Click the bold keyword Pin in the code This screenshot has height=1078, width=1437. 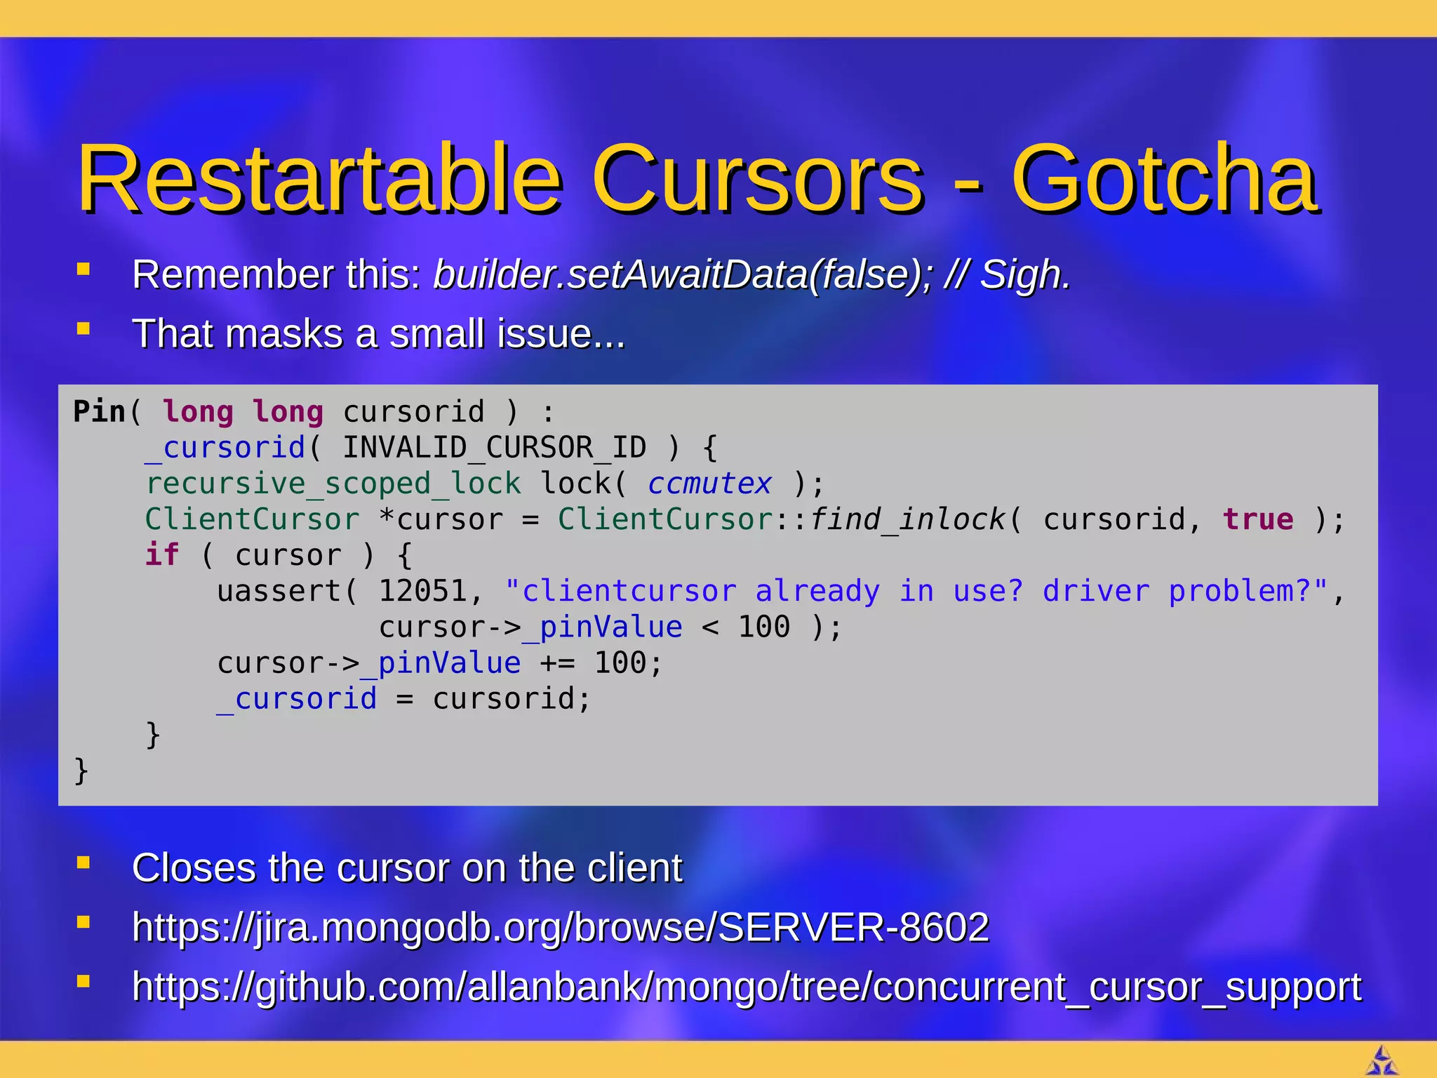(99, 411)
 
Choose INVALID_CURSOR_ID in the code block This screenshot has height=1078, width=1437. (494, 448)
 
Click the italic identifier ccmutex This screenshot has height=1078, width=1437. (709, 484)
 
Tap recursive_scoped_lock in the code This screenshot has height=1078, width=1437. (333, 484)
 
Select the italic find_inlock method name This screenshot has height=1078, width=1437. (907, 520)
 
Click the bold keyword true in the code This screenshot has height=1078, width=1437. (1257, 520)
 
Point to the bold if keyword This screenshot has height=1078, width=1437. (162, 555)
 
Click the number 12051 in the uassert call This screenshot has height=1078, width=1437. (422, 592)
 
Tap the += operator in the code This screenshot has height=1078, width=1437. (557, 663)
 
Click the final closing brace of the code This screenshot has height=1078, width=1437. (81, 771)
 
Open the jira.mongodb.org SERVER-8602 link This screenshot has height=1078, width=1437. (560, 927)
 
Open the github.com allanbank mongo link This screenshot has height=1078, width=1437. (746, 987)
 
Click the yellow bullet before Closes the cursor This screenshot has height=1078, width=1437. (83, 863)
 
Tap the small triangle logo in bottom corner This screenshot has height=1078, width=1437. (1382, 1060)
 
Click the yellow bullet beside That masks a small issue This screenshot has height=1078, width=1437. (83, 328)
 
